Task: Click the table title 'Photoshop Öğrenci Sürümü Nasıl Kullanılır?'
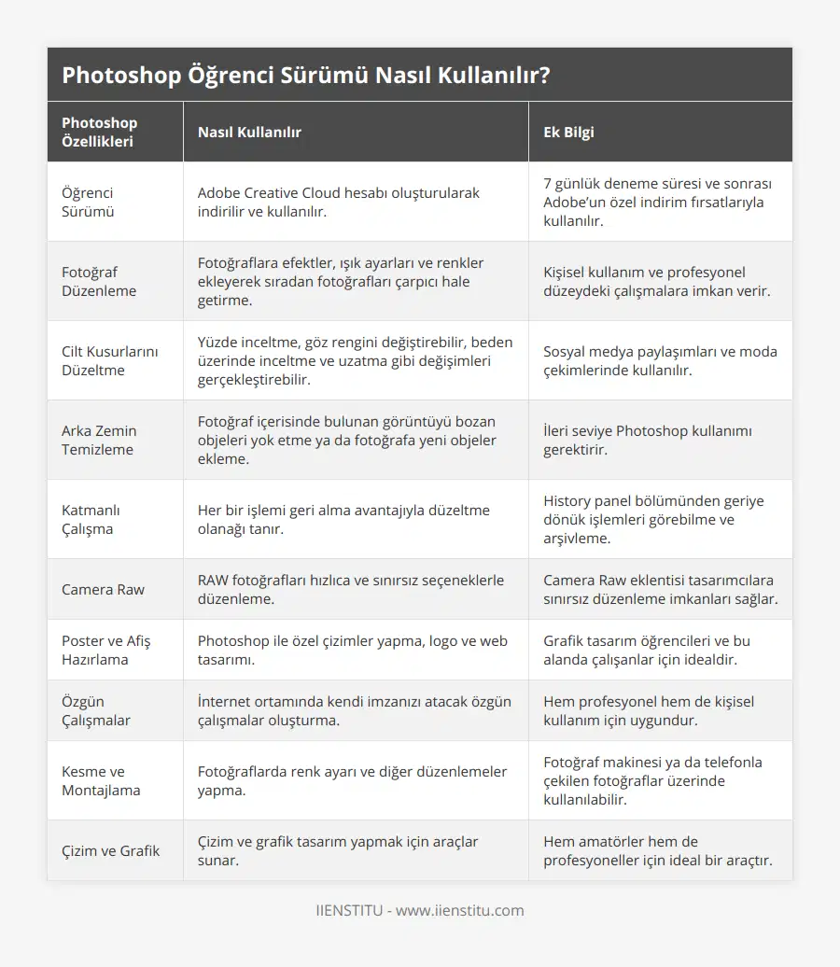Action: click(x=305, y=76)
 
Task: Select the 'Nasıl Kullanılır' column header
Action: click(x=249, y=133)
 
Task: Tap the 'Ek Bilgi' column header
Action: click(x=568, y=133)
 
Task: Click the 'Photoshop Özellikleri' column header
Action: click(x=99, y=133)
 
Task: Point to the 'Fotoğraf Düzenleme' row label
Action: click(x=99, y=282)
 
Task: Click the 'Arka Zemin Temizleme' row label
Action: click(x=99, y=441)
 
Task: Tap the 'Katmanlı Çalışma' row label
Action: click(x=91, y=520)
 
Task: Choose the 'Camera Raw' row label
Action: click(x=103, y=590)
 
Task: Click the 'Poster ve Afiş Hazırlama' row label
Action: click(x=105, y=651)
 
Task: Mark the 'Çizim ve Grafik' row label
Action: click(x=110, y=851)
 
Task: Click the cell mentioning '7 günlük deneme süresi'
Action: click(x=659, y=203)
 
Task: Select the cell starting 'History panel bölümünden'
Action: click(x=653, y=520)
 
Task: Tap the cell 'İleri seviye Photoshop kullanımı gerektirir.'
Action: click(x=648, y=441)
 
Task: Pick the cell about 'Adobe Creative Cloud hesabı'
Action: click(x=338, y=203)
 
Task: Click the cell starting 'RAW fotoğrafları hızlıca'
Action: click(x=351, y=590)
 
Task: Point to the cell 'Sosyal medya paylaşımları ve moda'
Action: click(x=660, y=361)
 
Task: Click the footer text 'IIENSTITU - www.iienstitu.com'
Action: click(x=420, y=911)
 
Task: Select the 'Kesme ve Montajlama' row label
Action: click(x=101, y=781)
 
